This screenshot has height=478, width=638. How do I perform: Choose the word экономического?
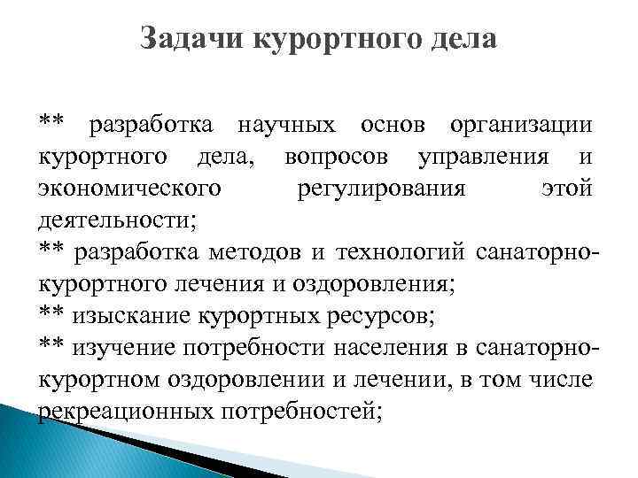click(x=129, y=191)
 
